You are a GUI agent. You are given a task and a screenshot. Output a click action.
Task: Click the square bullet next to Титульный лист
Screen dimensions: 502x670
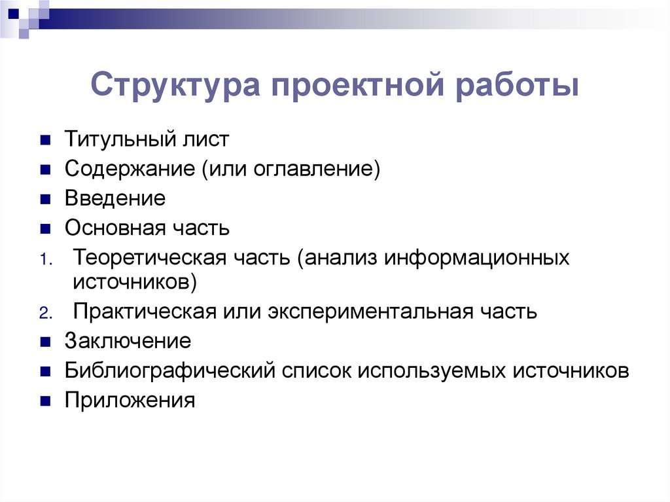coord(45,141)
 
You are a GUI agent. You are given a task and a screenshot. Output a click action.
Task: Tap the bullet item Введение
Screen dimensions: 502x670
coord(115,198)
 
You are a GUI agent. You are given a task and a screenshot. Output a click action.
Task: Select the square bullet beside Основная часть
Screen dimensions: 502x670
coord(45,229)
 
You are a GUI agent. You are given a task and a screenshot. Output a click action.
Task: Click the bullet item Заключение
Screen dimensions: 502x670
coord(128,341)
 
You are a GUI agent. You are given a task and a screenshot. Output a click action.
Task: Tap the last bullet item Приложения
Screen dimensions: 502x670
coord(130,400)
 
